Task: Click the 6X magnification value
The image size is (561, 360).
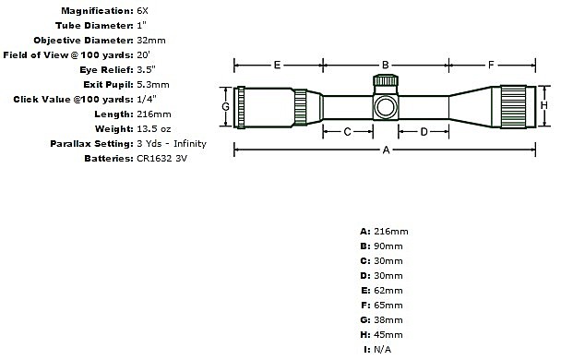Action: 142,11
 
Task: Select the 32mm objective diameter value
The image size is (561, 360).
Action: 151,40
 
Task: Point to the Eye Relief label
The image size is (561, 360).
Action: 106,70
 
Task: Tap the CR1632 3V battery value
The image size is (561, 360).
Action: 162,158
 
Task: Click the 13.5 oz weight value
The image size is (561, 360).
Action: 154,129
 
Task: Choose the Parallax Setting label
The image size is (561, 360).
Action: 91,144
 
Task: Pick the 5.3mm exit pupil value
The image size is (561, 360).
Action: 153,84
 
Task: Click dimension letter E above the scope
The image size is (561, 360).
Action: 277,66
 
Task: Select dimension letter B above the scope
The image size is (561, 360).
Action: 386,66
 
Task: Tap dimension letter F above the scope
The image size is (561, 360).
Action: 491,66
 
